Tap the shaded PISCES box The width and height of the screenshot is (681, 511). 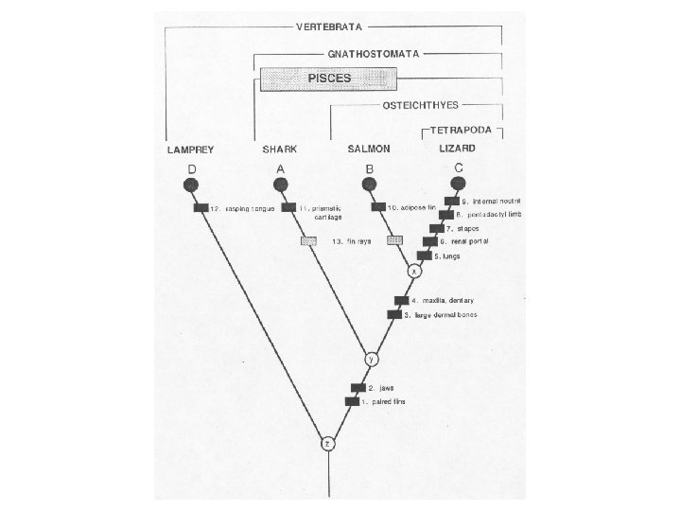click(x=333, y=78)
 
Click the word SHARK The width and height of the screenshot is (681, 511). click(x=278, y=150)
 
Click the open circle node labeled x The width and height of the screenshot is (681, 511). click(x=413, y=271)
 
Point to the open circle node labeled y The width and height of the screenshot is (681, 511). click(x=372, y=360)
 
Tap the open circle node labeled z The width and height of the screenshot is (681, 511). click(x=327, y=443)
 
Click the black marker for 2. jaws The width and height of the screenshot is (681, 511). click(x=358, y=387)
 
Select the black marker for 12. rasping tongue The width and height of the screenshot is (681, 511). click(x=201, y=208)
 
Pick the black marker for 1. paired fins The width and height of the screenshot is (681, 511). click(x=352, y=401)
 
